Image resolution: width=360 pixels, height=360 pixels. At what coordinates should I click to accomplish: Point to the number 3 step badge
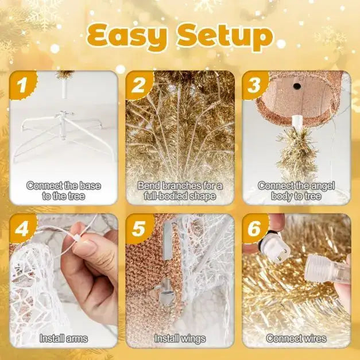pos(253,86)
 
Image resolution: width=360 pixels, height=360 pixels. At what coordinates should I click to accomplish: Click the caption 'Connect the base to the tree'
pos(64,191)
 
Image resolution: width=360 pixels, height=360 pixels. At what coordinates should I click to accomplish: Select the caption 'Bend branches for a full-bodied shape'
pos(180,191)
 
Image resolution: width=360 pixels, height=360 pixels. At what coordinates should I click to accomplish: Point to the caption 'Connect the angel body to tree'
pos(296,191)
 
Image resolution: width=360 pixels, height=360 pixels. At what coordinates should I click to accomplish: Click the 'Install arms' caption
pos(64,339)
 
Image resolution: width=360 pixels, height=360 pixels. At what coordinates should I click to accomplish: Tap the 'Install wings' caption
pos(180,339)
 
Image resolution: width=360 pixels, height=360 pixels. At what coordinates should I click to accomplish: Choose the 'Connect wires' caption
pos(296,339)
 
